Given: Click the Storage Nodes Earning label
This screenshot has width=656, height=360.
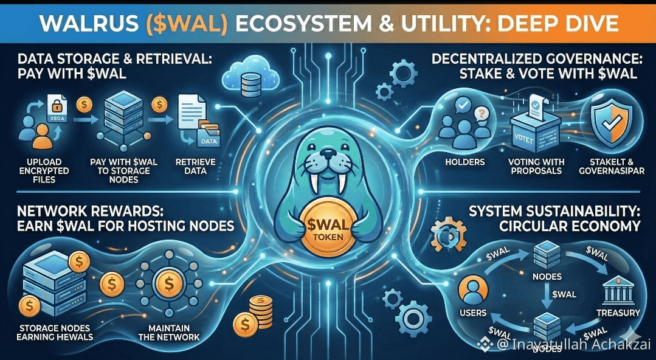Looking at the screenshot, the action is pyautogui.click(x=56, y=332).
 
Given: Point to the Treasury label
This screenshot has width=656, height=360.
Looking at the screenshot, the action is pyautogui.click(x=618, y=313).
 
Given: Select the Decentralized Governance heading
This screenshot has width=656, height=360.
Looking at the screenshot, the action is pyautogui.click(x=534, y=60).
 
